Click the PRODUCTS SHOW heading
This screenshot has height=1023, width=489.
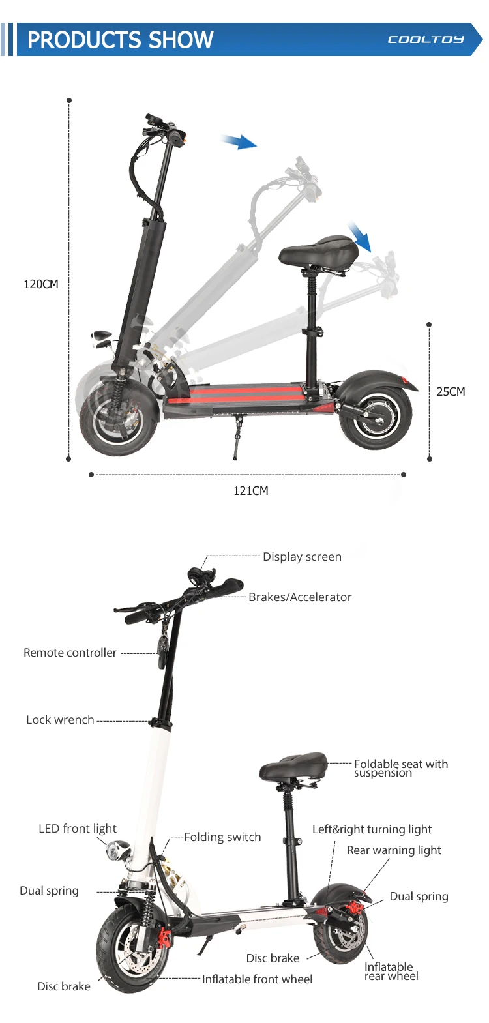point(120,40)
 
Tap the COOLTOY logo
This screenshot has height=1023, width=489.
point(426,40)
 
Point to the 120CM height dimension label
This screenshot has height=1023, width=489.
point(41,284)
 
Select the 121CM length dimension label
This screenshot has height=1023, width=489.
point(251,491)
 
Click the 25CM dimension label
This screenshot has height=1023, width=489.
point(451,392)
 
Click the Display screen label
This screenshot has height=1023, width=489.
point(302,557)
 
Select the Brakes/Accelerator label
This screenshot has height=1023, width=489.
point(300,597)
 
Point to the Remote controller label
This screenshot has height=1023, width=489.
point(70,653)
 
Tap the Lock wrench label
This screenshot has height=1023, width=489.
point(60,720)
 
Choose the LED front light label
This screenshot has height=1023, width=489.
point(78,829)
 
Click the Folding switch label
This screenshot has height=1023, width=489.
point(222,837)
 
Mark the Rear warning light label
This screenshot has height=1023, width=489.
point(394,850)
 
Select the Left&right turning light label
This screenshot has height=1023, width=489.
point(372,829)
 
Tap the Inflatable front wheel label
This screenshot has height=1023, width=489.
point(257,979)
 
